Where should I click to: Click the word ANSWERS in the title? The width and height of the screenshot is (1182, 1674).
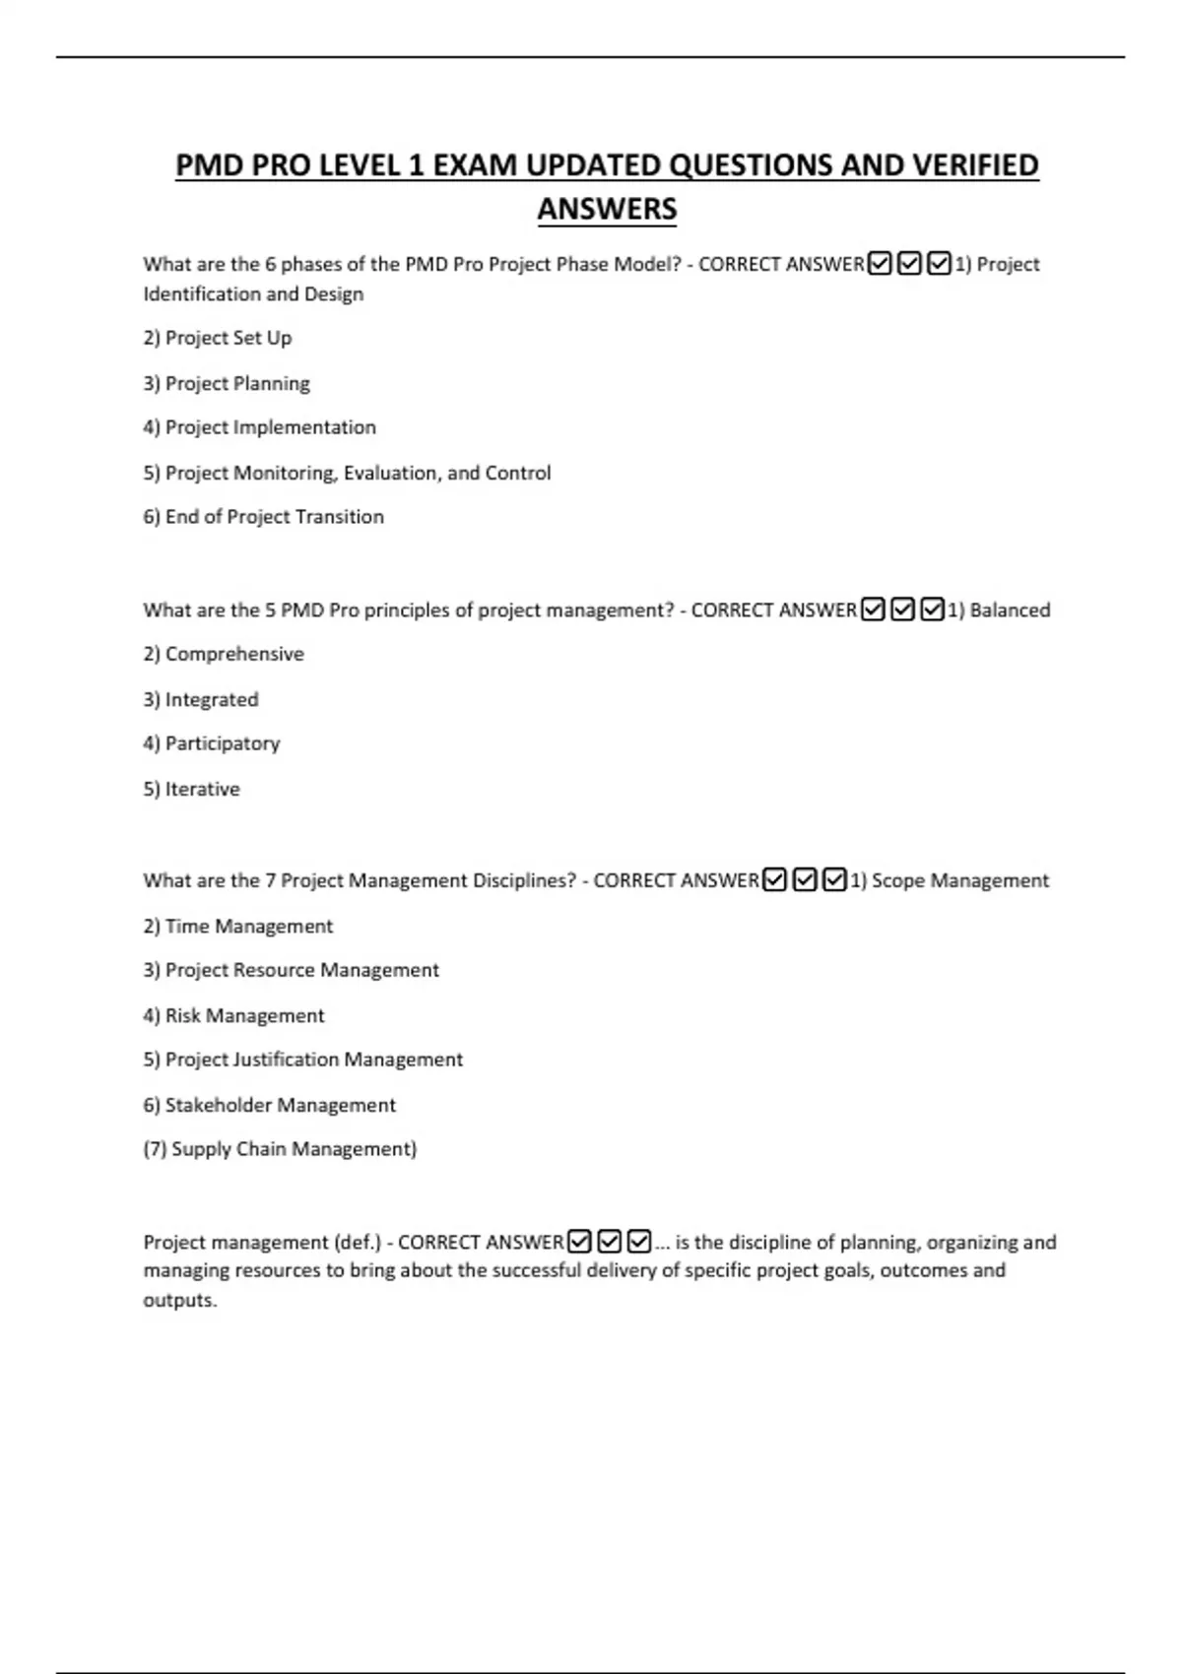click(x=607, y=209)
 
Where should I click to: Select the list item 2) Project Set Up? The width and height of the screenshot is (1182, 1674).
click(x=217, y=338)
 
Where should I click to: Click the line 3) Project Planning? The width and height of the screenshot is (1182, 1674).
click(x=227, y=383)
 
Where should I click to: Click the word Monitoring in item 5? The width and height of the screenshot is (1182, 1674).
click(x=286, y=473)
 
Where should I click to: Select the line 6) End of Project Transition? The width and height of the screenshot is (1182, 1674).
click(x=263, y=517)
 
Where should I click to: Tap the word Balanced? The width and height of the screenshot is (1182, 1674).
click(x=1010, y=611)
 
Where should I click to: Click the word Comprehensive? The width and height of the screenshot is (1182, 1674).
click(x=234, y=654)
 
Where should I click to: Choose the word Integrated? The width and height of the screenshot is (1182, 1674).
click(x=212, y=699)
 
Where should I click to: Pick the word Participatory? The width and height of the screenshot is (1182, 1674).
click(x=223, y=743)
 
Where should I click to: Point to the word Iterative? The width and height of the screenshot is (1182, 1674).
click(x=202, y=789)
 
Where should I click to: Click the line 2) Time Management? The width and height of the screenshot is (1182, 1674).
click(x=237, y=926)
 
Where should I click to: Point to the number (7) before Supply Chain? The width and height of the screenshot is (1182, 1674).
click(x=155, y=1149)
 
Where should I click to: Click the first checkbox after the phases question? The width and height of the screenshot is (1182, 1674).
click(x=880, y=264)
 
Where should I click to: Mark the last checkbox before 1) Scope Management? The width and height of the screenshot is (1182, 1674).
click(x=834, y=879)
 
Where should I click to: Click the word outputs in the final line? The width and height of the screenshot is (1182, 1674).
click(x=179, y=1300)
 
